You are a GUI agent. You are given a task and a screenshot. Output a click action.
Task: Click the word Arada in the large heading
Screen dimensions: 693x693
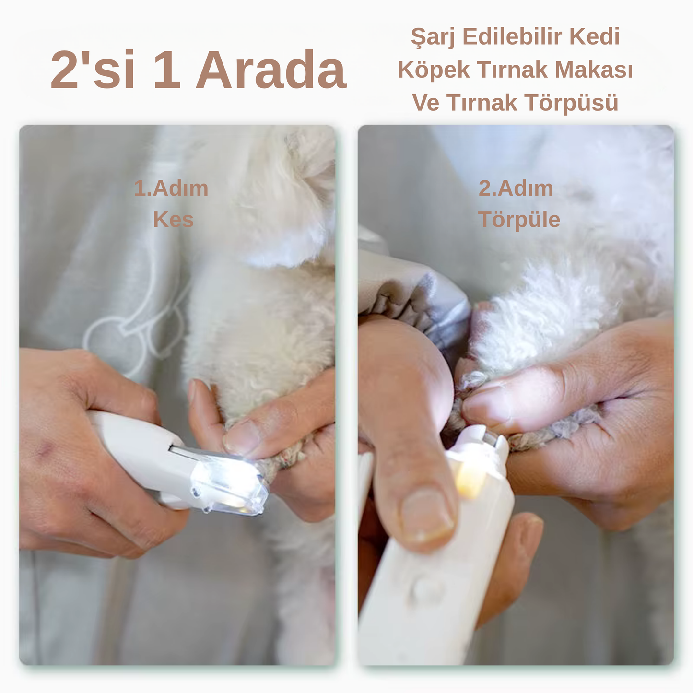pyautogui.click(x=271, y=69)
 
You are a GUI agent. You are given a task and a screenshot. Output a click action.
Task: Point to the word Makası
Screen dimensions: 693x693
pyautogui.click(x=594, y=70)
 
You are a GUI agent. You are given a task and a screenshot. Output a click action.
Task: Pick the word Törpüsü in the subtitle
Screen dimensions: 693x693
pyautogui.click(x=572, y=103)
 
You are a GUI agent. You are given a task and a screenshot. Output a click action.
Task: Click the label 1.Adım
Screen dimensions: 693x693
pyautogui.click(x=171, y=188)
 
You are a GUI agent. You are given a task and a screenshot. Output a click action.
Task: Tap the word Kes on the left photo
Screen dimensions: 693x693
pyautogui.click(x=173, y=219)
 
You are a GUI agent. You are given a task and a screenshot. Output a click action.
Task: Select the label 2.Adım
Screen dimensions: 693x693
pyautogui.click(x=516, y=188)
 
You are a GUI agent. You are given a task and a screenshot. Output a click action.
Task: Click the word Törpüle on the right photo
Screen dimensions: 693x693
pyautogui.click(x=519, y=219)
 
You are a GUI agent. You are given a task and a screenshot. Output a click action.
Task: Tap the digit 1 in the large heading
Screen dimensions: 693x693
pyautogui.click(x=167, y=69)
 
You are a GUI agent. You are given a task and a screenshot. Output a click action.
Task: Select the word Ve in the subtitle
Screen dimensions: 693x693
pyautogui.click(x=426, y=103)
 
